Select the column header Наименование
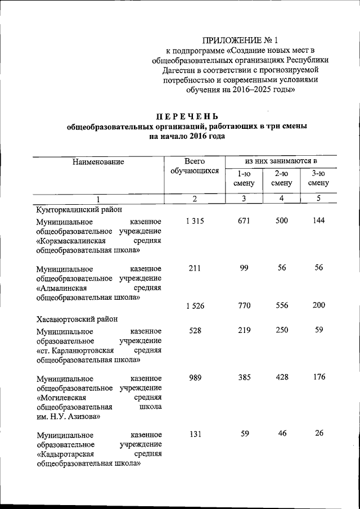click(98, 162)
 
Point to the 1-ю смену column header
click(244, 178)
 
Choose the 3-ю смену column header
click(318, 178)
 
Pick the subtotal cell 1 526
click(194, 307)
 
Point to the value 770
click(244, 307)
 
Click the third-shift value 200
click(318, 307)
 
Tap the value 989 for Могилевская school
click(194, 377)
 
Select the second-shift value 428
click(281, 377)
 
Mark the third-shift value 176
click(318, 377)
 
